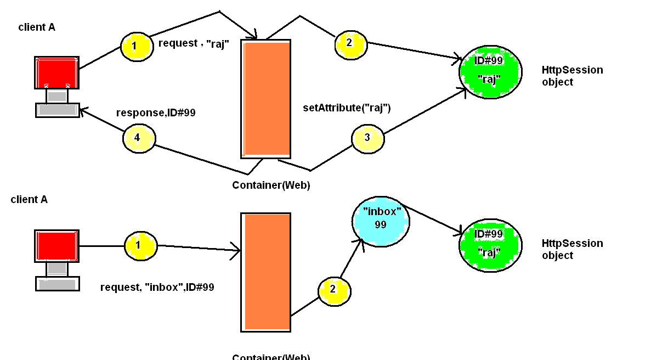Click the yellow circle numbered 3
coord(367,138)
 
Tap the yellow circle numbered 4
coord(139,138)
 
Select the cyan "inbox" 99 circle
coord(380,221)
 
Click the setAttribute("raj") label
coord(347,108)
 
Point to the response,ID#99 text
coord(156,113)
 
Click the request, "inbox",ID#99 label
coord(157,287)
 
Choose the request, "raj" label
coord(194,44)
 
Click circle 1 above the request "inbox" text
coord(140,245)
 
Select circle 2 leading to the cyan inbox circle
coord(334,291)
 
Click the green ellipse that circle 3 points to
coord(490,72)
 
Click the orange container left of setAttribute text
coord(266,99)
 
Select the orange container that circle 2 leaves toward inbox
coord(266,272)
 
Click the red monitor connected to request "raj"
coord(57,72)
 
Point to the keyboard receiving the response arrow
coord(58,110)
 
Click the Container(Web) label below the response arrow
coord(271,185)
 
